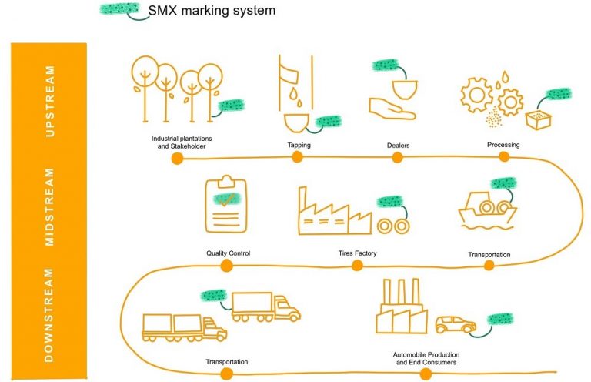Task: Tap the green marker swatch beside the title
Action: pyautogui.click(x=119, y=10)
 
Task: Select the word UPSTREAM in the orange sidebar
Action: pyautogui.click(x=51, y=101)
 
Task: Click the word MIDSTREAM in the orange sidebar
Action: pyautogui.click(x=51, y=206)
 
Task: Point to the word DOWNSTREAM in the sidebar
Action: pyautogui.click(x=51, y=316)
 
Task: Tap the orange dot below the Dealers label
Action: pyautogui.click(x=398, y=158)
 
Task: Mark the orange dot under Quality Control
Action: pyautogui.click(x=226, y=266)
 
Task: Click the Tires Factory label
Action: pyautogui.click(x=357, y=253)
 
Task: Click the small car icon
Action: pyautogui.click(x=455, y=324)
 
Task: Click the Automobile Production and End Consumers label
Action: pyautogui.click(x=425, y=358)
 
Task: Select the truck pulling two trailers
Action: pyautogui.click(x=184, y=327)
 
